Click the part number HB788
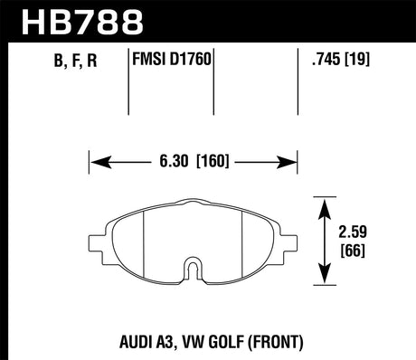pos(80,20)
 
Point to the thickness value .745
pos(324,62)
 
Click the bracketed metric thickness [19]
pos(360,62)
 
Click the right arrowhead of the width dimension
pos(296,163)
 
